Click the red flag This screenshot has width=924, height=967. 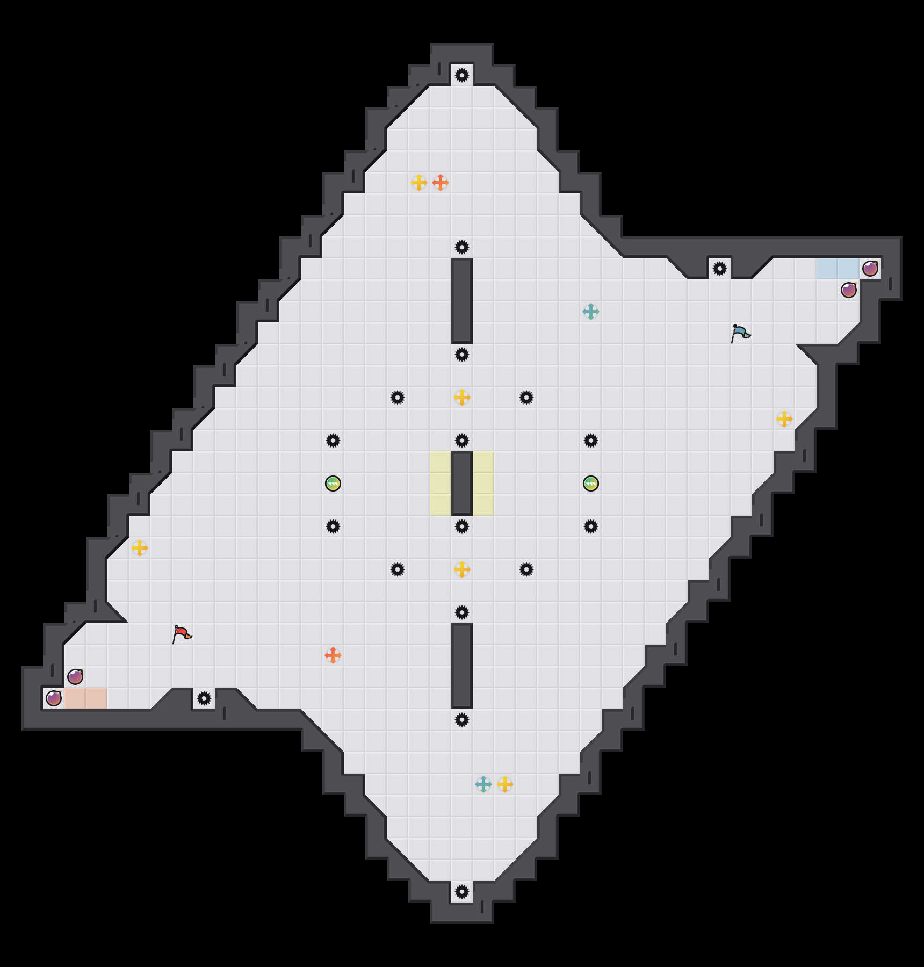tap(182, 634)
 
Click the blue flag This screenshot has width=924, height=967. tap(740, 333)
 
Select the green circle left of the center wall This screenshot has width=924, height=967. tap(333, 484)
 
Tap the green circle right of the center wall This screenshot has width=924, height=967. tap(591, 484)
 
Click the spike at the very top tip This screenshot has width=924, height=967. tap(462, 75)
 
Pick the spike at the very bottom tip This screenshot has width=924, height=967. tap(462, 892)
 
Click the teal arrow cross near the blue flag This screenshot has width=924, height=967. tap(591, 312)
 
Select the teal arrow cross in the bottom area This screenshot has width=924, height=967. tap(483, 784)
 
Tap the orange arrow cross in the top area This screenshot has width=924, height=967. tap(441, 183)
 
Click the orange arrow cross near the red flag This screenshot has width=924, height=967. tap(333, 655)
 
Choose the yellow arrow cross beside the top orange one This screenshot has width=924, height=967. tap(419, 183)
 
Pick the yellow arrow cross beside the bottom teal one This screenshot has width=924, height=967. tap(505, 784)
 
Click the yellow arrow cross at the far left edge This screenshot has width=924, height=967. tap(140, 548)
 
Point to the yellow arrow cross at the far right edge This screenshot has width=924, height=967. tap(784, 419)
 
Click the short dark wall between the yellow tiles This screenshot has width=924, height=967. tap(462, 484)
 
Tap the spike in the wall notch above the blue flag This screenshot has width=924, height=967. tap(720, 269)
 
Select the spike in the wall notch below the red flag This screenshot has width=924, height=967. tap(204, 698)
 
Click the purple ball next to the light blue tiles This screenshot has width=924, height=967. tap(870, 269)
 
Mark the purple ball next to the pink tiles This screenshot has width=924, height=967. tap(54, 698)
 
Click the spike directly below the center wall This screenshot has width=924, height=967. tap(462, 526)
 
